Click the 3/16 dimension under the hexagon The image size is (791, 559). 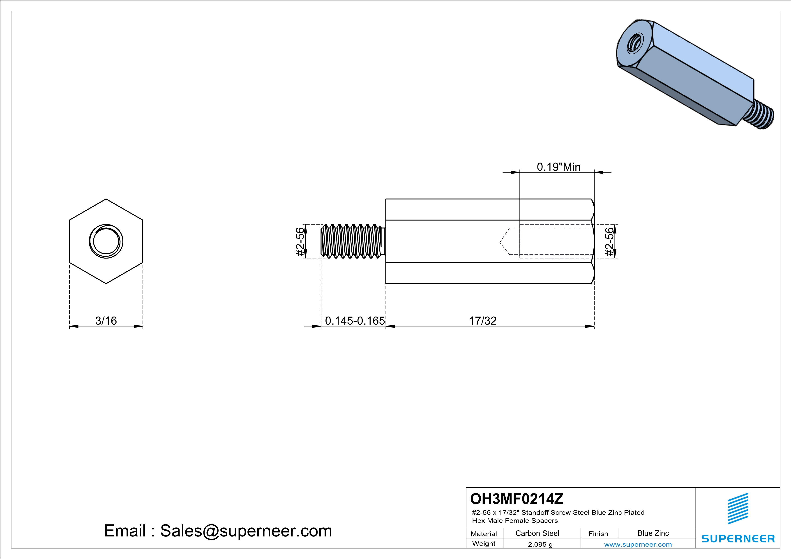point(106,321)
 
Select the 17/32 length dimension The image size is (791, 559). point(483,321)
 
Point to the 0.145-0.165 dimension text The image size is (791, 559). point(355,321)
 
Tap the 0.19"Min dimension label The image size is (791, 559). point(558,167)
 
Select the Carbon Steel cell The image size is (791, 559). point(537,533)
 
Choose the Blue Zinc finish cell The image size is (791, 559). point(653,533)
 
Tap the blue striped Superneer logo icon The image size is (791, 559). point(738,509)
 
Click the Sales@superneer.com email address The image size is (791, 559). point(246,531)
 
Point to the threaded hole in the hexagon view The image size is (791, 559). point(106,241)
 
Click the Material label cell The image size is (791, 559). point(484,534)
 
